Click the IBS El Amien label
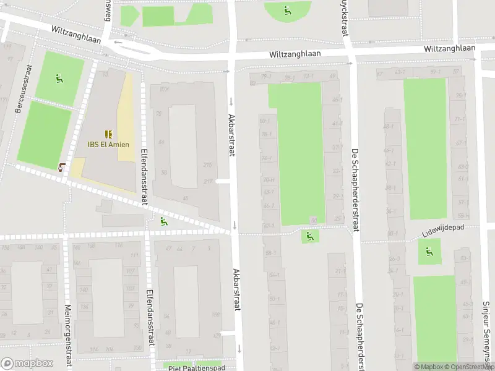point(108,146)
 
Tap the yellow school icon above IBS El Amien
point(108,134)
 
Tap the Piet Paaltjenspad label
point(196,367)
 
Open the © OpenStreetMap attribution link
point(468,367)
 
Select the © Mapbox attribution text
point(428,367)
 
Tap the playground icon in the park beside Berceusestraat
point(59,78)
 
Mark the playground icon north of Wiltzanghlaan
point(286,10)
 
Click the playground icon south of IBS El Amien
point(163,221)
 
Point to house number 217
point(208,181)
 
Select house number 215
point(208,164)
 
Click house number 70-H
point(269,180)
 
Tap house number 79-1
point(266,77)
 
